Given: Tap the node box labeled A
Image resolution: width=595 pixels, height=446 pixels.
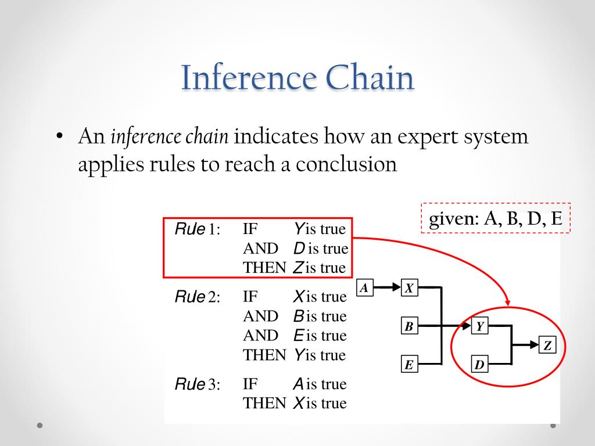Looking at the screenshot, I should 364,287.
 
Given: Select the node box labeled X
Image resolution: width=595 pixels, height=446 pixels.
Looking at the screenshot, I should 409,287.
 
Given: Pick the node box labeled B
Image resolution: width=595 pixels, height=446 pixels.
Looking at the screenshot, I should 409,326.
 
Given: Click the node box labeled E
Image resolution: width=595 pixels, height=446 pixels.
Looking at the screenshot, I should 409,365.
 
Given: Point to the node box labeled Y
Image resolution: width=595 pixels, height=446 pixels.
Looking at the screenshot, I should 479,326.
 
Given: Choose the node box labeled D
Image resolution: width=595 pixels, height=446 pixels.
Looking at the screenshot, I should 479,365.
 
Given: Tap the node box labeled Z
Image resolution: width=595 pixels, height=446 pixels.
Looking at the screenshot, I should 547,346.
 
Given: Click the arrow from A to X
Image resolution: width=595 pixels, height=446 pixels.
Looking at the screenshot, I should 386,287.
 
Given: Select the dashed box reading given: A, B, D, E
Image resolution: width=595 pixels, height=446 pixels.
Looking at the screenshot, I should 496,218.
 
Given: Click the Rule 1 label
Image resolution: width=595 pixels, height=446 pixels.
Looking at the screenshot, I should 198,229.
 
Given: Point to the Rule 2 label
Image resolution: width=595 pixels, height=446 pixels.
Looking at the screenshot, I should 198,297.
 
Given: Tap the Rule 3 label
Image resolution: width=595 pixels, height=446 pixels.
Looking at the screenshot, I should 198,384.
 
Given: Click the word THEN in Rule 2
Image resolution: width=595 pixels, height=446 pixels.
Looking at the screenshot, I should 264,355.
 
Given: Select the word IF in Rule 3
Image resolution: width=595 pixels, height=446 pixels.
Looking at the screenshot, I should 250,384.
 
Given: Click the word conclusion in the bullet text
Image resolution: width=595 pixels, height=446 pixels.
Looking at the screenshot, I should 346,164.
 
